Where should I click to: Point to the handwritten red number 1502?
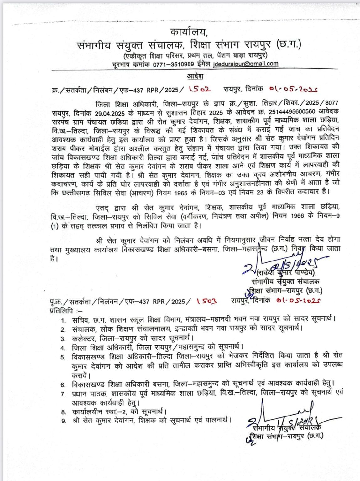click(x=200, y=89)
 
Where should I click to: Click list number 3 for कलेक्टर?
click(x=63, y=339)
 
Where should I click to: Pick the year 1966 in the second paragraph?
click(x=297, y=216)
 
